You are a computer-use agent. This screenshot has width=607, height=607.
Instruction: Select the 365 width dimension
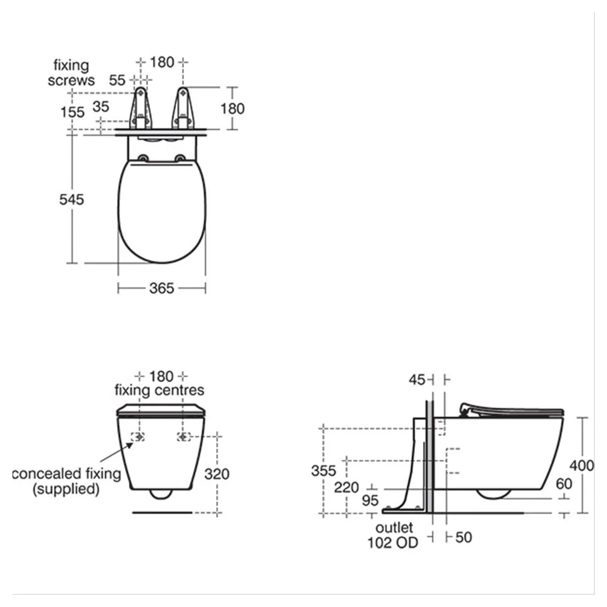tap(162, 289)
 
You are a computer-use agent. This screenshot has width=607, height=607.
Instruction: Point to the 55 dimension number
tap(118, 81)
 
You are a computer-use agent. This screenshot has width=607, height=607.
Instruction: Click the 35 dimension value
tap(101, 107)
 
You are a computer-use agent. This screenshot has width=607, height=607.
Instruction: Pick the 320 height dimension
tap(217, 474)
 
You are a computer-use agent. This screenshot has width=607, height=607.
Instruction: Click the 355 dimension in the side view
tap(324, 471)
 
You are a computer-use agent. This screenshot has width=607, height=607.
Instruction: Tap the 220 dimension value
tap(346, 487)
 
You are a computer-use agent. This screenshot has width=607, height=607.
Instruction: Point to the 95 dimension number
tap(370, 501)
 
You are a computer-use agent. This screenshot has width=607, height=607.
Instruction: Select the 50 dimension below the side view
tap(463, 538)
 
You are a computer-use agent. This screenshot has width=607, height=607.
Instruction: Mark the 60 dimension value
tap(564, 484)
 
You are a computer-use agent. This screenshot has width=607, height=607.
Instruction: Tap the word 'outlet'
tap(394, 528)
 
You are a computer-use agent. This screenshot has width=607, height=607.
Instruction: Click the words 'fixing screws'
tap(71, 72)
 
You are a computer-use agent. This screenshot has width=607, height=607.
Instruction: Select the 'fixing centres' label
tap(160, 390)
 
